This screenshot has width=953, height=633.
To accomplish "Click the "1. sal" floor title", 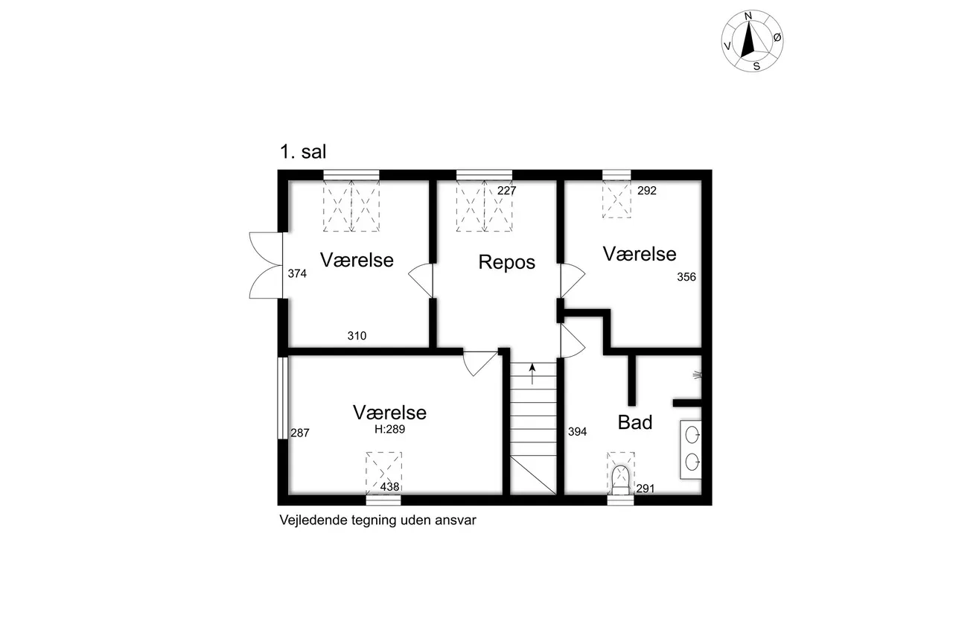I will (302, 153).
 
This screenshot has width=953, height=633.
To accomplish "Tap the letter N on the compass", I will (749, 16).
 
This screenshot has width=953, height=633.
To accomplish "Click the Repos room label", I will (506, 262).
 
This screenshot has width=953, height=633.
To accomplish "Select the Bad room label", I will (635, 422).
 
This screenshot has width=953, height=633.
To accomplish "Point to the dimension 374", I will (297, 274).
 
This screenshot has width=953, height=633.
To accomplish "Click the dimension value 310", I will (357, 336).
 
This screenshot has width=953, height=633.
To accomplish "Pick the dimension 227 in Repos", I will (506, 191).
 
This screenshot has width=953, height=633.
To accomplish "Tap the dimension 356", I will (686, 277).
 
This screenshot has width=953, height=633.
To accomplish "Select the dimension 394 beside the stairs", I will (578, 431).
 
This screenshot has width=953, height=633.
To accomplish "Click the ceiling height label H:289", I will (389, 429).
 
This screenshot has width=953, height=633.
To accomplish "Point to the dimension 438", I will (390, 487).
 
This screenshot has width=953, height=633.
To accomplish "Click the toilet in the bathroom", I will (620, 477).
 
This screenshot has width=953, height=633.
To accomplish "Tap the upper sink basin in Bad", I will (692, 433).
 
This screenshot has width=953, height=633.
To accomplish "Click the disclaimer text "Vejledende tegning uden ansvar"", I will (377, 521).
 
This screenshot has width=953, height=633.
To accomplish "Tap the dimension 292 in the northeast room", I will (647, 191).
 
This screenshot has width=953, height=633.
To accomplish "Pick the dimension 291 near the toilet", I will (645, 489).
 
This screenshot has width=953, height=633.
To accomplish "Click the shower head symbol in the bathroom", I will (698, 375).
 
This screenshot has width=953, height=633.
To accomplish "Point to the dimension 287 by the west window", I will (299, 432).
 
